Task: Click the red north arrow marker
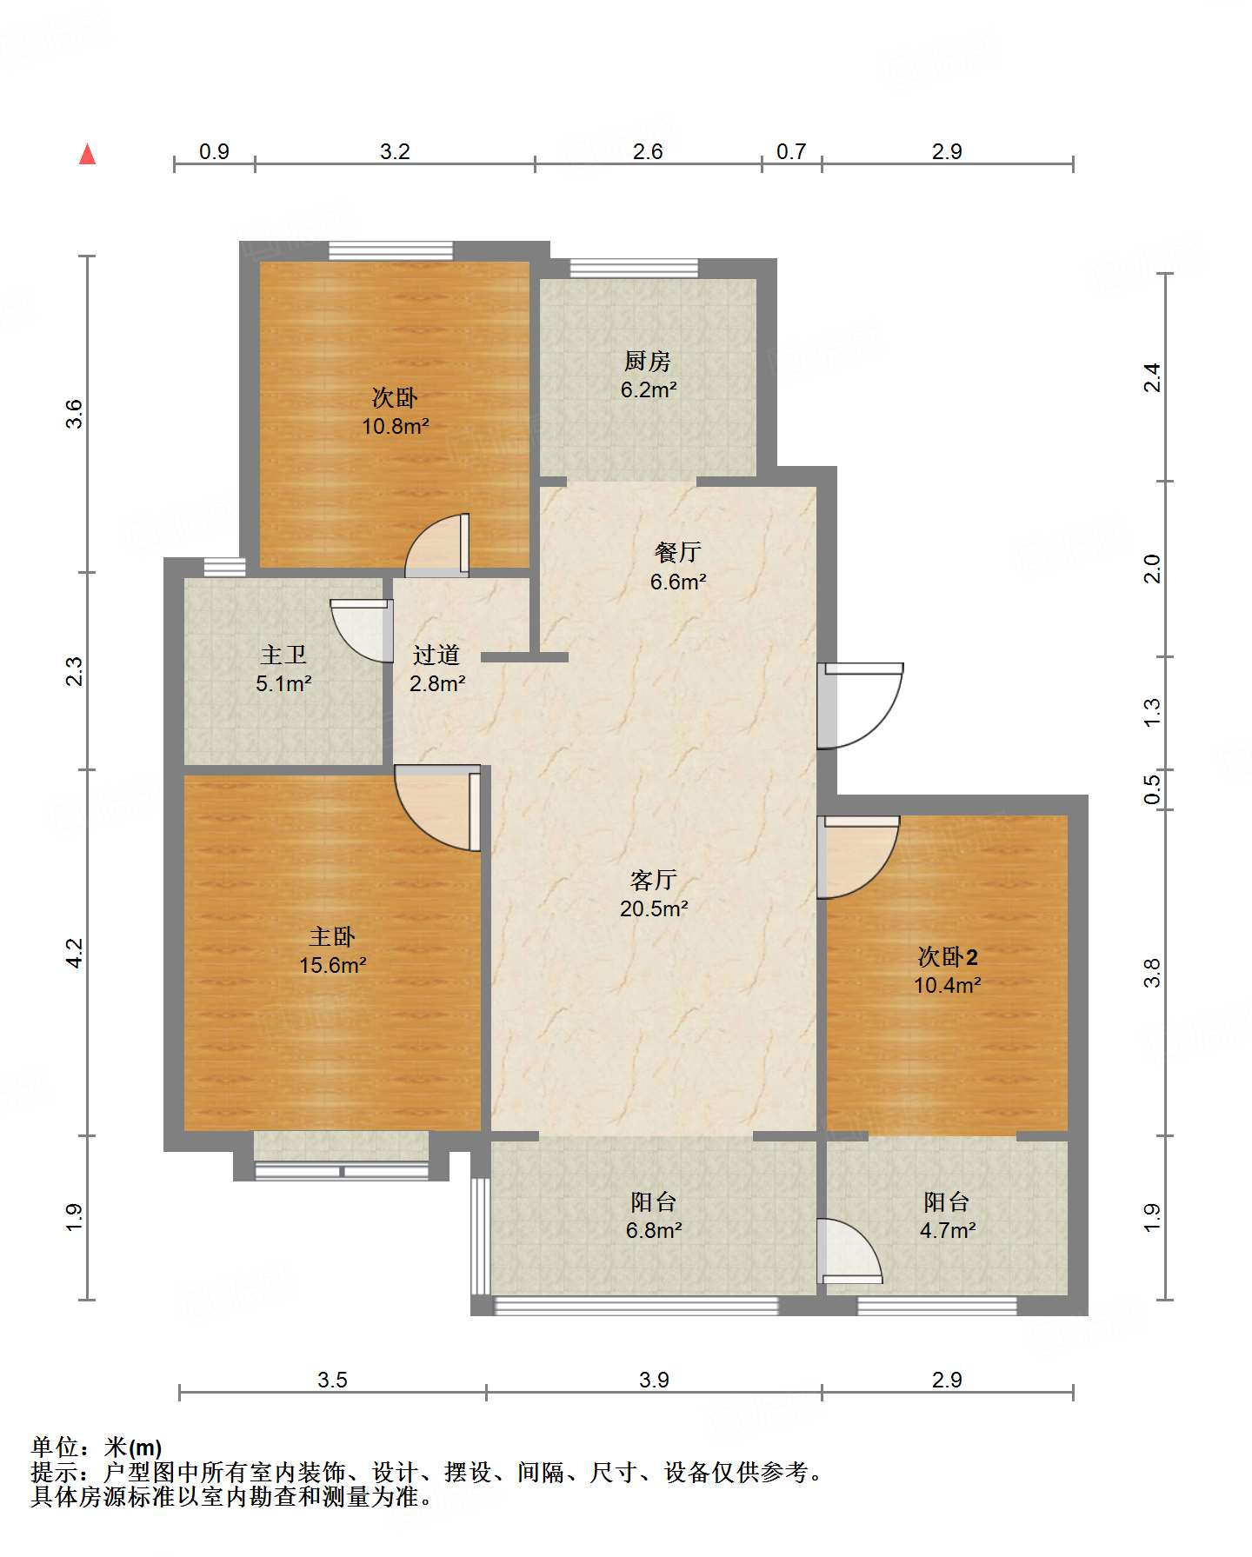(87, 154)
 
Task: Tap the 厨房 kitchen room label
(648, 361)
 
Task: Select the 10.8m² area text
(396, 426)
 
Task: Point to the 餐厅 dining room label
(677, 552)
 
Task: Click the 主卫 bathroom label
(283, 655)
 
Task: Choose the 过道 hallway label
(436, 655)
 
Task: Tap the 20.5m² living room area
(654, 908)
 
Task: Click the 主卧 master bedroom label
(332, 936)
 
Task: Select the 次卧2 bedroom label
(948, 957)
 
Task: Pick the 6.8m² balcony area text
(654, 1230)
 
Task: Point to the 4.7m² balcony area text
(948, 1230)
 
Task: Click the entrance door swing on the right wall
(861, 706)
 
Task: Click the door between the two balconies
(850, 1251)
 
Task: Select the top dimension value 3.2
(395, 151)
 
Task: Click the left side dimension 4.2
(76, 953)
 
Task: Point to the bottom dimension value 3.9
(654, 1380)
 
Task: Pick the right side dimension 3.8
(1152, 973)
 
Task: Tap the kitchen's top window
(634, 269)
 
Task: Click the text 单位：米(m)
(97, 1447)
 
